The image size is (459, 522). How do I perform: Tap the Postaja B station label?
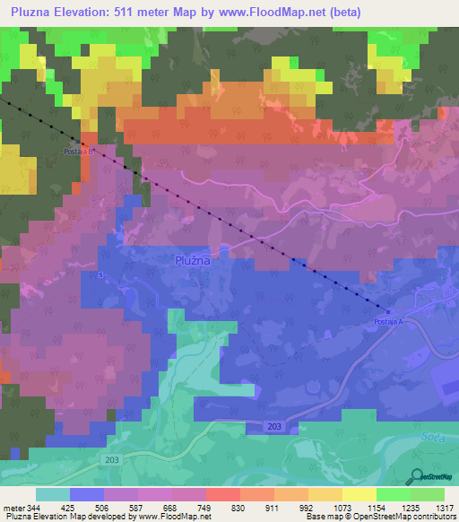78,152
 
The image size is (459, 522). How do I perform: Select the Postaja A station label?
389,321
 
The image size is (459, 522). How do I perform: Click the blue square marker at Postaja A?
387,311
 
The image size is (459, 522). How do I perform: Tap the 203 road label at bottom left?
109,458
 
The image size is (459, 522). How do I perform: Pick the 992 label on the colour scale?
307,508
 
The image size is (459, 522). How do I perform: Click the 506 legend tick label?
104,508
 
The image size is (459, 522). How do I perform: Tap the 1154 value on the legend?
376,508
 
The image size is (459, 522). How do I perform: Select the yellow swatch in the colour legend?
359,494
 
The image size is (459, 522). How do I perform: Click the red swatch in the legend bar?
223,494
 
